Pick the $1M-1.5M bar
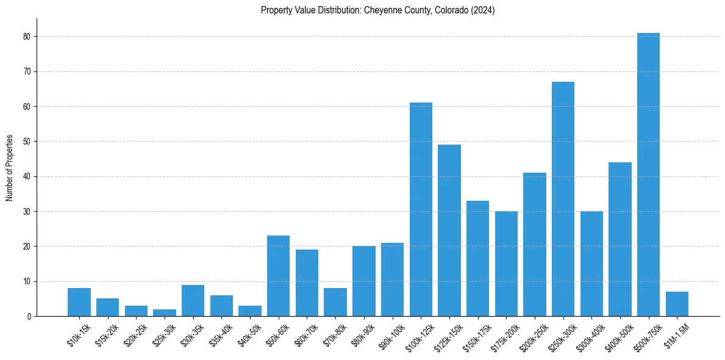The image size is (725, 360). coord(677,304)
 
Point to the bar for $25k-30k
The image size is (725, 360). coord(165,312)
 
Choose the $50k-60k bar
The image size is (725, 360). coord(278,276)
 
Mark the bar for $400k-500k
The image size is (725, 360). coord(620,239)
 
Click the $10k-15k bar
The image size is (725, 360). coord(79,302)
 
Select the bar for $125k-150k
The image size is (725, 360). coord(449,231)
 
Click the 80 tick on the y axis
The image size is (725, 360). coord(27,37)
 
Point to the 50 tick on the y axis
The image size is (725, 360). coord(27,142)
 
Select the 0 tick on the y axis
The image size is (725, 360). coord(29,317)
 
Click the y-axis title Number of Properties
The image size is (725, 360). coord(10,167)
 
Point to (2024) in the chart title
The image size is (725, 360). coord(482,10)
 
